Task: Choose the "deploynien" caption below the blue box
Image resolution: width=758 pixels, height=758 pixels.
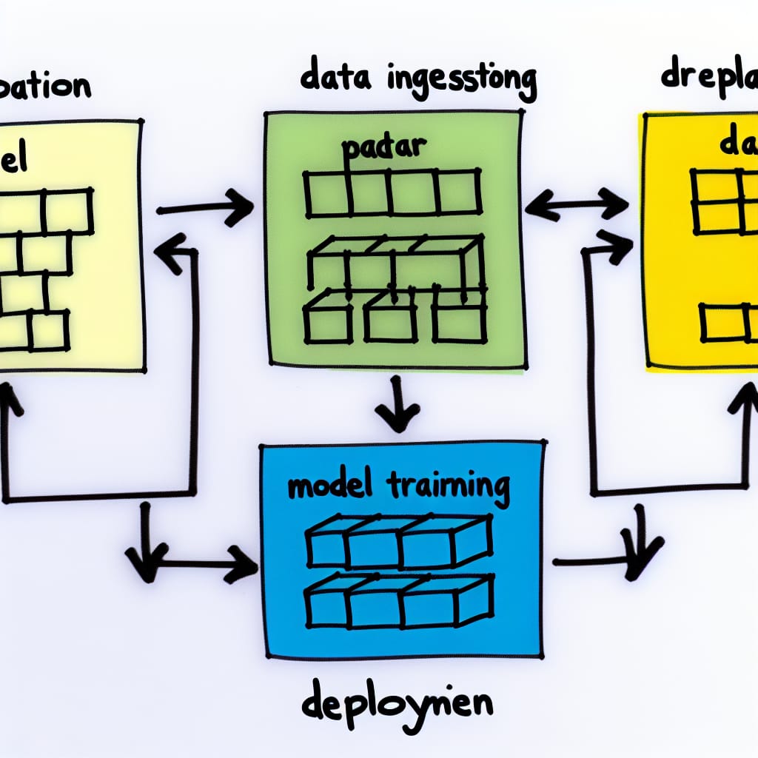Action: [x=397, y=704]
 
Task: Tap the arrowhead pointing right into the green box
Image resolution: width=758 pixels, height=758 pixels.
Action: [x=241, y=207]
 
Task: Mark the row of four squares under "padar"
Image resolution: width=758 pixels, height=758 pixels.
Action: [x=393, y=192]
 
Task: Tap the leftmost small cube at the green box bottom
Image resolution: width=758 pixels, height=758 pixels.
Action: [x=328, y=321]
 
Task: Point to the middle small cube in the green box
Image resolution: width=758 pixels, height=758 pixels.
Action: [x=390, y=321]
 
